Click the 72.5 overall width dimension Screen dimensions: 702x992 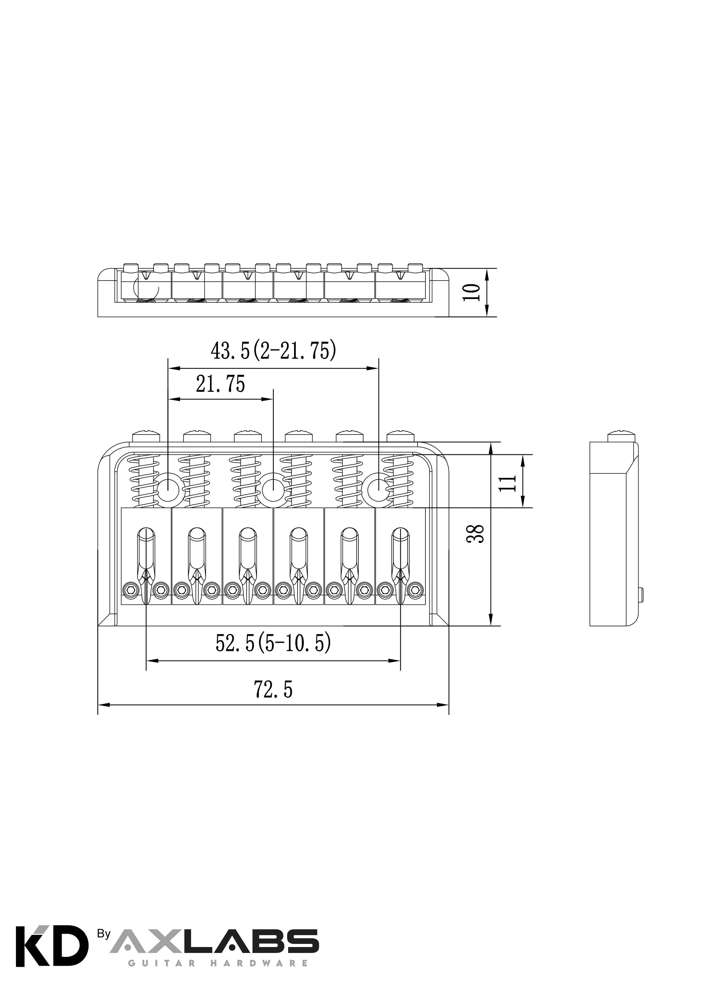(273, 690)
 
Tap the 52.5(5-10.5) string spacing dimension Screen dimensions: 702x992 (273, 643)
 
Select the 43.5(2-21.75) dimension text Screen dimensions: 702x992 (273, 351)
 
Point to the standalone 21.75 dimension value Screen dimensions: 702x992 (221, 384)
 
